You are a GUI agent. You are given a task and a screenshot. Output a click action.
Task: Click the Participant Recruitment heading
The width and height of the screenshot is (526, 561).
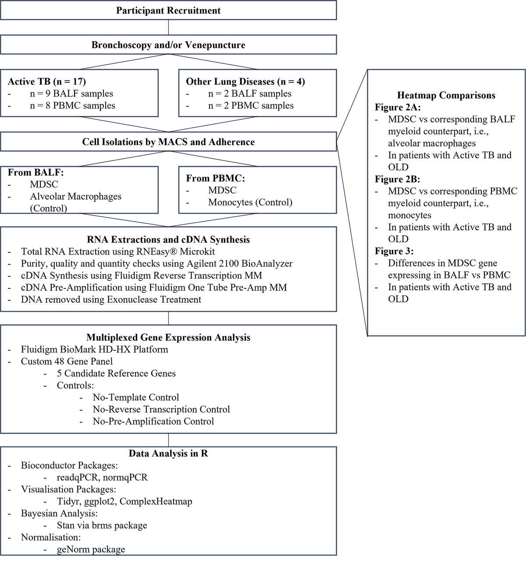point(168,11)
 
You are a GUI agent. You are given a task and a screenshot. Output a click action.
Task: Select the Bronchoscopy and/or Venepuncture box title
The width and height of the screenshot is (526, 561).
point(168,45)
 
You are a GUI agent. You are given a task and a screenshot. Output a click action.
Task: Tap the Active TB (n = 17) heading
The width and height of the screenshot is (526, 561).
point(47,82)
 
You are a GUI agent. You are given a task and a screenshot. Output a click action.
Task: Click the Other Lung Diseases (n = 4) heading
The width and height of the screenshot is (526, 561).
point(245,82)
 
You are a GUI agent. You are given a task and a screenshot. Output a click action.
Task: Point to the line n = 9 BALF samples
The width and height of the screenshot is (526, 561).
point(71,93)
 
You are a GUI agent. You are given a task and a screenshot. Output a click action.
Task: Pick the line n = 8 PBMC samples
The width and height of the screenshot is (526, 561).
point(72,106)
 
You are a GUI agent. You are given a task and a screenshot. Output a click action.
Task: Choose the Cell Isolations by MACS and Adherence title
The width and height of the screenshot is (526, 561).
point(168,142)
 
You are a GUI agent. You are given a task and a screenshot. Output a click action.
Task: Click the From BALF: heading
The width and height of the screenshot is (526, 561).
point(36,173)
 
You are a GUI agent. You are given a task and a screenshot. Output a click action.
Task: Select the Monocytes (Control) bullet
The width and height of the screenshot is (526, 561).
point(250,202)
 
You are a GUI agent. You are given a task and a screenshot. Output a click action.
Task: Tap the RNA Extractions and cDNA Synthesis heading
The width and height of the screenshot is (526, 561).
point(168,240)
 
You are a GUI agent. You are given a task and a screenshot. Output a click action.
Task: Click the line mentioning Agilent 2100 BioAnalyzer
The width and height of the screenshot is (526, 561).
point(156,264)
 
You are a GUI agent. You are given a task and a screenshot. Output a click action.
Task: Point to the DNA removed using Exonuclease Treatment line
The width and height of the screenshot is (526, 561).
point(111,300)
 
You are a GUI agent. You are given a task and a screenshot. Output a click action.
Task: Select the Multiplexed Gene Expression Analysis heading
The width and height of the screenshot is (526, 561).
point(168,338)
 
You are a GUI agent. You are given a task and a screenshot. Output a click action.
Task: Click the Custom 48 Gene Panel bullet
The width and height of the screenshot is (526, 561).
point(67,362)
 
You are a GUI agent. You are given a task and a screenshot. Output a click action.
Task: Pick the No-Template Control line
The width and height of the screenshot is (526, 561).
point(136,398)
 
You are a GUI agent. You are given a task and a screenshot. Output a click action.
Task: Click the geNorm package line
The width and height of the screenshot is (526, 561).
point(91,550)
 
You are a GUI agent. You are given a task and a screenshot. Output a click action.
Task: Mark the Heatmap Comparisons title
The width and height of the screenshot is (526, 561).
point(446,96)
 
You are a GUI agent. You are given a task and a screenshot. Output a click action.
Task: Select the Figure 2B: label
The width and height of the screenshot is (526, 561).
point(397,180)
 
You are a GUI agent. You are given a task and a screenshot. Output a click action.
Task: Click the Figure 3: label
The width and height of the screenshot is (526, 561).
point(394,252)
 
